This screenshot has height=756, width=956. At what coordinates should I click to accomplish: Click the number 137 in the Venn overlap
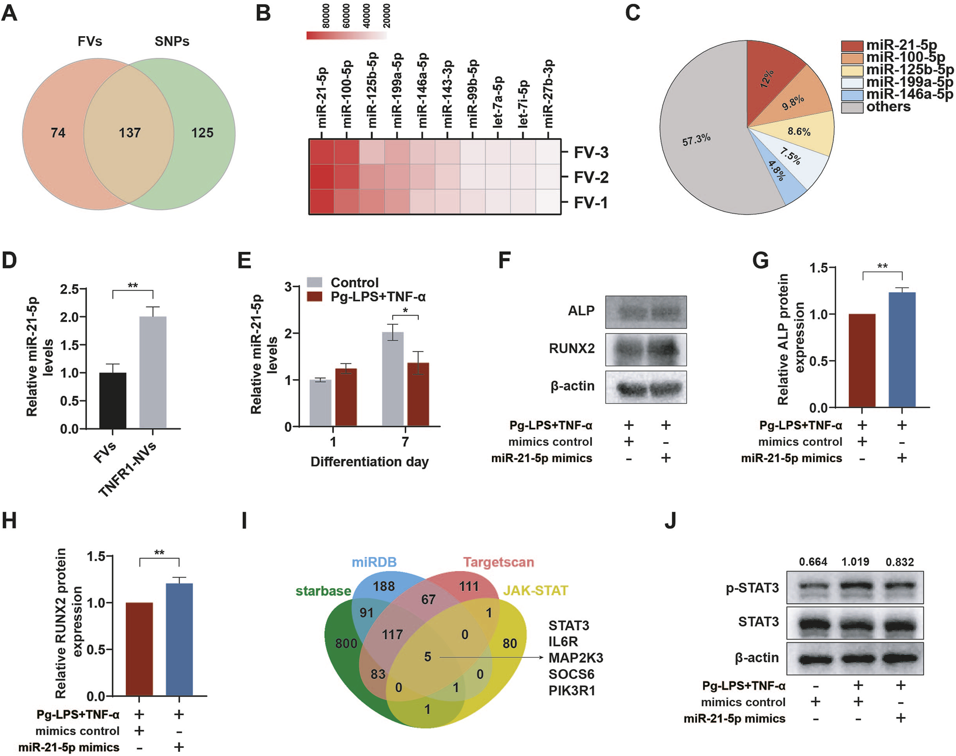129,133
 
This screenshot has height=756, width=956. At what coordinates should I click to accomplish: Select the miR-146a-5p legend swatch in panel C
852,95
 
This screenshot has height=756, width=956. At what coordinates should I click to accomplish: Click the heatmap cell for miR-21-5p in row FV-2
322,177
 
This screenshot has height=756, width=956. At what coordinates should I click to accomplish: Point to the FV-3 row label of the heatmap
591,153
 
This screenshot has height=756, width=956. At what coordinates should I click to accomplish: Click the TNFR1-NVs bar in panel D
153,372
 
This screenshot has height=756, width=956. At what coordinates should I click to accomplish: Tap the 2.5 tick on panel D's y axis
69,290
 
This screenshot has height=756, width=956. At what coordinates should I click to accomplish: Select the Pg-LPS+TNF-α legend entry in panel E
378,297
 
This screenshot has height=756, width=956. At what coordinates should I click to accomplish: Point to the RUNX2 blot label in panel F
571,348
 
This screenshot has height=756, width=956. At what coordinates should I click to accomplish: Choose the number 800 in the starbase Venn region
346,643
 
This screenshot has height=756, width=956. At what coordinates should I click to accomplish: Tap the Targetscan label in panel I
498,562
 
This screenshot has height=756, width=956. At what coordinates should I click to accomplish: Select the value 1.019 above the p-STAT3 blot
855,562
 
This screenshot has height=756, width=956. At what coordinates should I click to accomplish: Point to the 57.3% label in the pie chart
696,140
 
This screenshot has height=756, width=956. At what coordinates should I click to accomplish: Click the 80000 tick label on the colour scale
326,16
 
